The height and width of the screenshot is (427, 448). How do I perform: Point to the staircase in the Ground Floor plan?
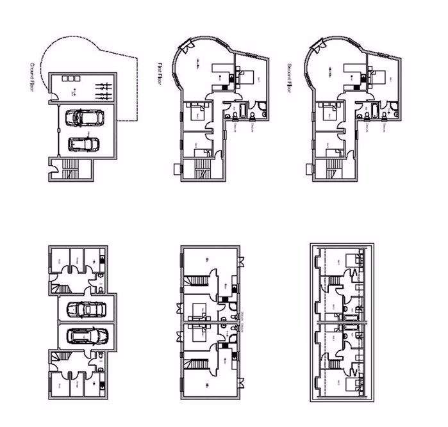point(72,170)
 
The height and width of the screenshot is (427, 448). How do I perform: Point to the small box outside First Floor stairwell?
point(178,170)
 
